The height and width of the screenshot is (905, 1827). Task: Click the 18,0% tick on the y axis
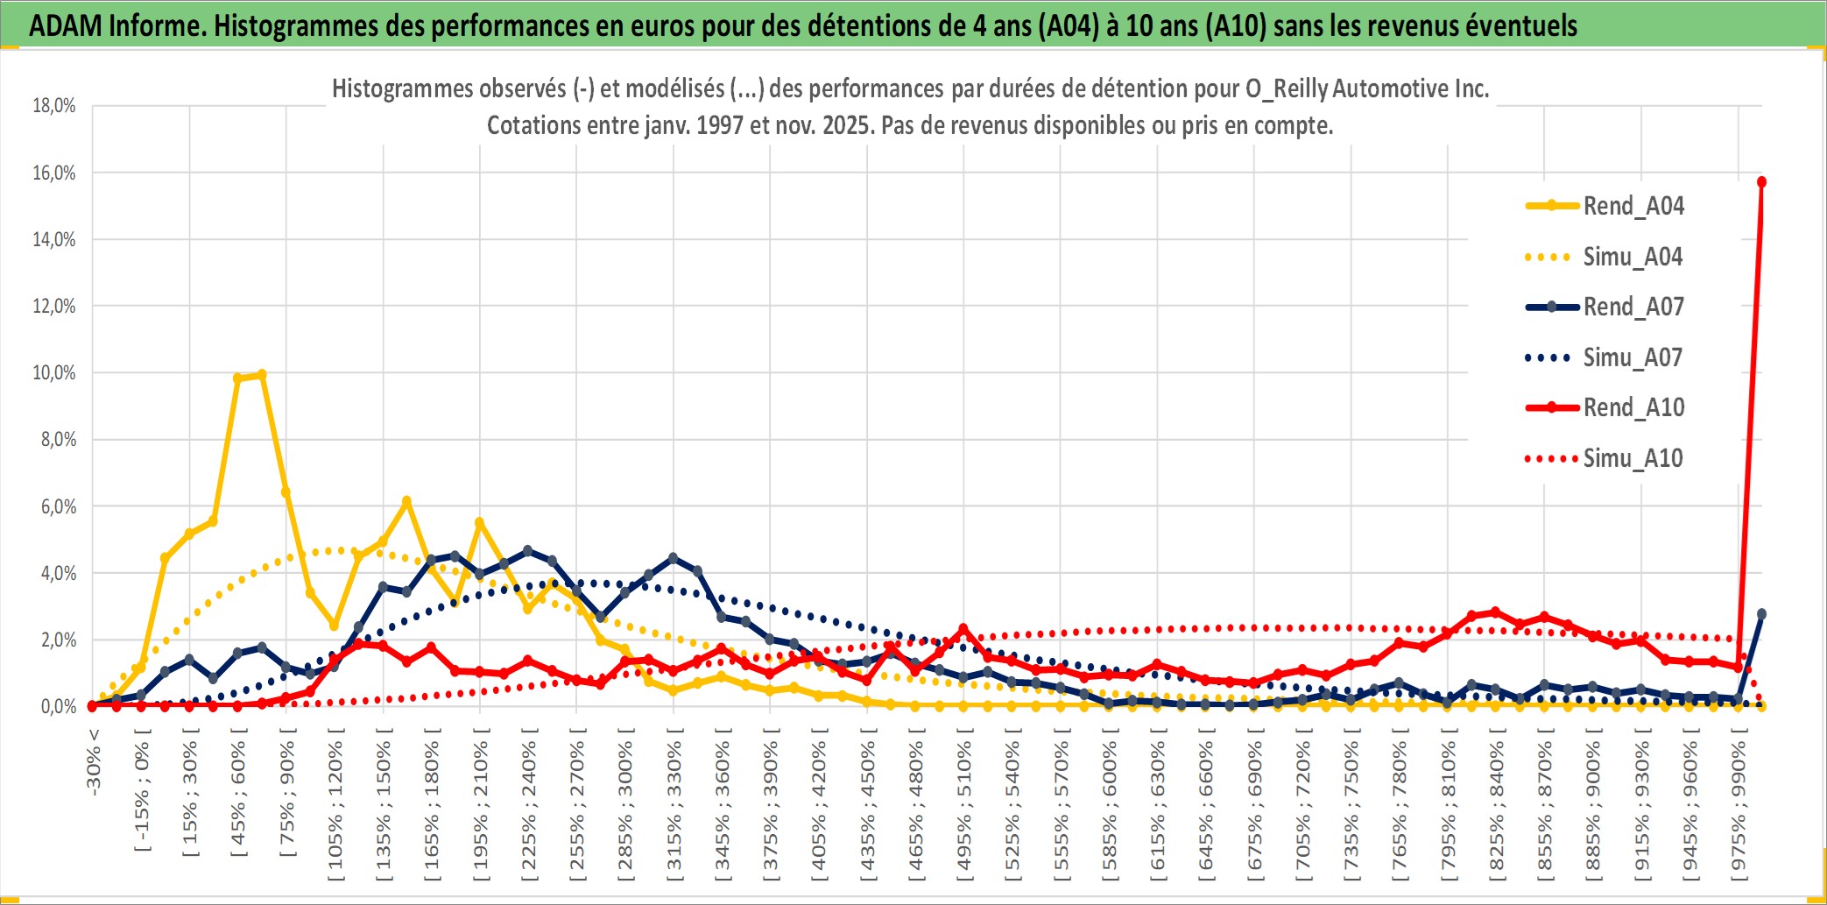(54, 106)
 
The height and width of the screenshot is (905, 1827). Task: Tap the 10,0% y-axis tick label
(54, 373)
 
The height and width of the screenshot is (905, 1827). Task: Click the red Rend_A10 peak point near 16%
(1761, 182)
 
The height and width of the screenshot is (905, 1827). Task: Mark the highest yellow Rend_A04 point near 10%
(261, 375)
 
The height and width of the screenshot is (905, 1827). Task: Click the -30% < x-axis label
(94, 762)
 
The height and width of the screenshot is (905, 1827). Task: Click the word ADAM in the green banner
(65, 26)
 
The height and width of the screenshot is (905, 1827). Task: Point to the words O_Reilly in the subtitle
(1287, 88)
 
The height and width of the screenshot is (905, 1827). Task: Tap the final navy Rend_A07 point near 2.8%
(1761, 614)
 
